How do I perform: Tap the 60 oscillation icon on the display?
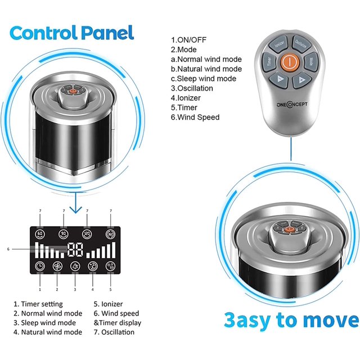click(40, 234)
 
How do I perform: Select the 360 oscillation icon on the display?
click(110, 234)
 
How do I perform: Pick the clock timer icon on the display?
click(40, 267)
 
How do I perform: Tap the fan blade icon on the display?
click(57, 267)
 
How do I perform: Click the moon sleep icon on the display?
click(75, 267)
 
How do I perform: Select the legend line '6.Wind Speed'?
click(195, 117)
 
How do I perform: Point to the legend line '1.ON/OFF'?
click(188, 40)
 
